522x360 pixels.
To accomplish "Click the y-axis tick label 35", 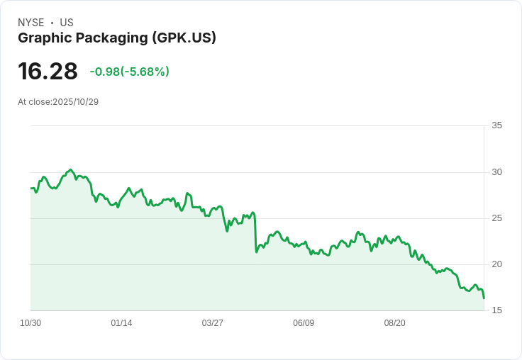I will pos(496,125).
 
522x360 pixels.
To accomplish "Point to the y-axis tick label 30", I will pos(496,172).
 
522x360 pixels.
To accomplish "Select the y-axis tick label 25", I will pos(496,218).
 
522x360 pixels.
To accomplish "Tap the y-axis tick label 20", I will pos(496,264).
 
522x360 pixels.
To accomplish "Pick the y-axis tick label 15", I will pos(496,310).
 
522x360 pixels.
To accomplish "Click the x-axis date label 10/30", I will pos(30,323).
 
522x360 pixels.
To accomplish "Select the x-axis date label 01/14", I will pos(121,323).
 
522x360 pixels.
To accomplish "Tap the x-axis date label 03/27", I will pos(212,323).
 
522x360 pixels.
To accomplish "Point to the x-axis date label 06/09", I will pos(304,323).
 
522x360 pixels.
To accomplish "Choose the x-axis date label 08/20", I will pos(394,323).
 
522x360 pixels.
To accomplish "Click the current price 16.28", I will pos(48,72).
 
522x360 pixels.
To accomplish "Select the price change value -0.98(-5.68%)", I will pos(129,72).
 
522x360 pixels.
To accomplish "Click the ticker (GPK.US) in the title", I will pos(184,38).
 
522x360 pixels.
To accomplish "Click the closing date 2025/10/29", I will pos(75,102).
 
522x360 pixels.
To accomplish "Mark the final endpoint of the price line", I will pos(484,298).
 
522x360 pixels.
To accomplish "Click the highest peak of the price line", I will pos(70,170).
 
